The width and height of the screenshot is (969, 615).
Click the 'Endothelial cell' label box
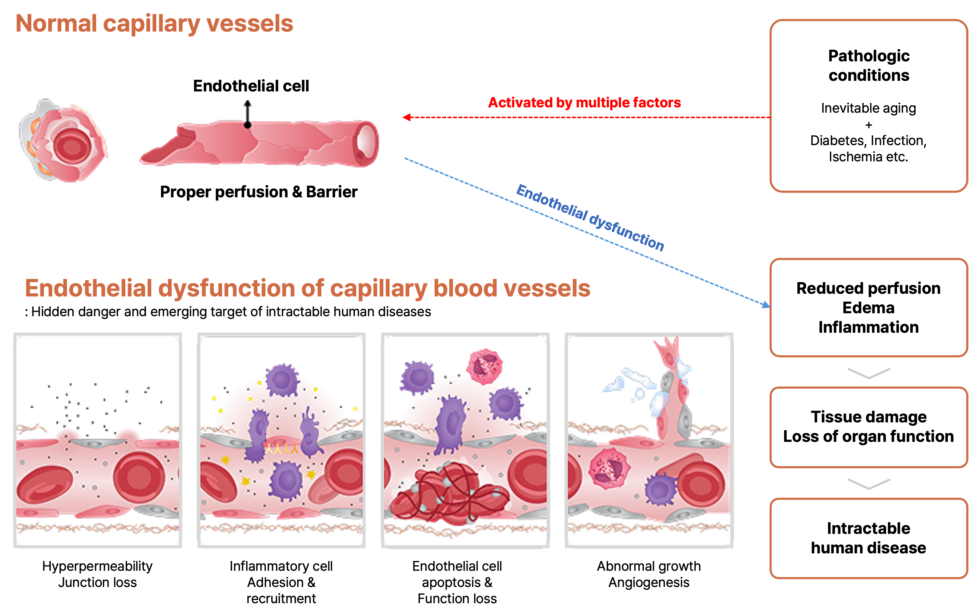click(252, 86)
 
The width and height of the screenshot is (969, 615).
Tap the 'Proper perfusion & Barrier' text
click(258, 192)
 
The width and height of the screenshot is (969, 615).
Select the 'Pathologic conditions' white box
click(868, 65)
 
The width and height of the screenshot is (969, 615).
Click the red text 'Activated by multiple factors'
click(584, 103)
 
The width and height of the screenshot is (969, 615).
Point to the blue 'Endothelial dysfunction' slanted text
click(590, 218)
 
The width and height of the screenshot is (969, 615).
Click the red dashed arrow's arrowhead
click(406, 117)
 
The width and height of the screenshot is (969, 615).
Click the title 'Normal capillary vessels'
click(154, 23)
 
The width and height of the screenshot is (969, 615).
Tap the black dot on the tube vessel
click(247, 125)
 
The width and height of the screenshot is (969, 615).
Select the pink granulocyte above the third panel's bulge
click(485, 366)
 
